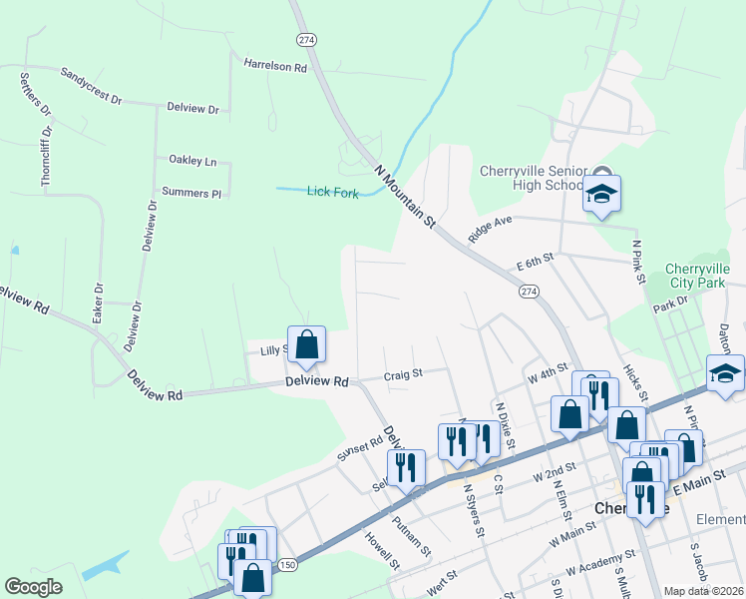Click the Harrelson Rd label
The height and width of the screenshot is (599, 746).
pyautogui.click(x=275, y=65)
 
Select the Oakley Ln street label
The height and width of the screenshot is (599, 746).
pyautogui.click(x=192, y=160)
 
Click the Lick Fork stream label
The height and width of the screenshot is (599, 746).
pyautogui.click(x=332, y=192)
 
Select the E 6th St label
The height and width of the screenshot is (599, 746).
pyautogui.click(x=535, y=261)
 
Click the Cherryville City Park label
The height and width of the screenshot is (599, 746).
pyautogui.click(x=698, y=278)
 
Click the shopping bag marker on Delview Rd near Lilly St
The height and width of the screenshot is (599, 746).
pyautogui.click(x=307, y=344)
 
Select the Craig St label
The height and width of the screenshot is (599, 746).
pyautogui.click(x=404, y=374)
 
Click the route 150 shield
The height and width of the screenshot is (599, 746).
pyautogui.click(x=287, y=565)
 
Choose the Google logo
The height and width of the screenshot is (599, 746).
pyautogui.click(x=34, y=587)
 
